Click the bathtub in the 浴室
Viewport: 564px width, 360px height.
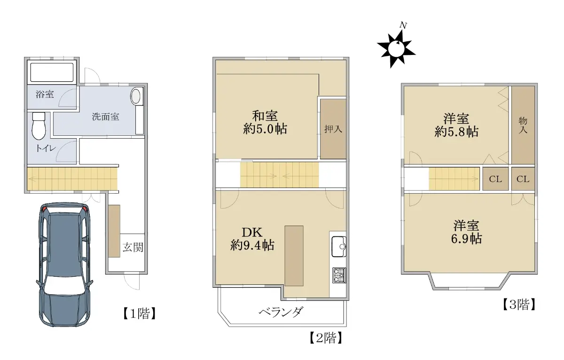(x=52, y=72)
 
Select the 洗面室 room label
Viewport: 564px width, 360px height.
(x=105, y=117)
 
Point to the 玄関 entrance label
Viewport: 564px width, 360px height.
(x=133, y=247)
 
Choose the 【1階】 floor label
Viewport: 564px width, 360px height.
(x=140, y=313)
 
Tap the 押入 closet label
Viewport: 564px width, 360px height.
(x=333, y=129)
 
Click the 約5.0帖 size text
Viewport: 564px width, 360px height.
(x=265, y=129)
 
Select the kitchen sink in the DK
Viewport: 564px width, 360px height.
(x=339, y=246)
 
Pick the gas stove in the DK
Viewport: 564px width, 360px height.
(x=339, y=275)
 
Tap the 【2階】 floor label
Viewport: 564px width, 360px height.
(x=326, y=338)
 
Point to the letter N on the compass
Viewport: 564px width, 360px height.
(x=404, y=25)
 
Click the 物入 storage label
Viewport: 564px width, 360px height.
(x=523, y=125)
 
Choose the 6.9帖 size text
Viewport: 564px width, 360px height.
(x=466, y=239)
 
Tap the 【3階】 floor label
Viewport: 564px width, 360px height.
(x=519, y=305)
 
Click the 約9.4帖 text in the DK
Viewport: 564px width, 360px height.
(x=252, y=245)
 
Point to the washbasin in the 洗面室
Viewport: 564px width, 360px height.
(x=136, y=96)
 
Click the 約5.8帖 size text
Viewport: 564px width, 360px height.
(x=456, y=132)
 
